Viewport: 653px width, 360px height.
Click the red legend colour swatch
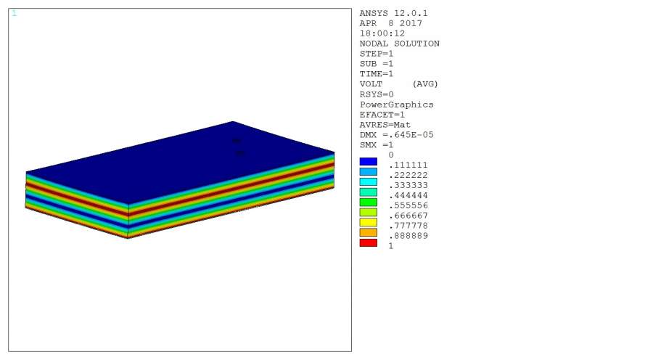click(x=368, y=243)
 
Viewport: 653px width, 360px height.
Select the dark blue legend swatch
click(x=368, y=162)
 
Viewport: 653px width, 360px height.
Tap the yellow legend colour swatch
click(x=368, y=223)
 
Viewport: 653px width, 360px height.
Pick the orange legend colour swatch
click(x=368, y=232)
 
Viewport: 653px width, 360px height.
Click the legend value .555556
click(x=408, y=205)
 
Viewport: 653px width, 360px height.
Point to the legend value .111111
click(x=408, y=165)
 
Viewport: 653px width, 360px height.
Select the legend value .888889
click(x=408, y=236)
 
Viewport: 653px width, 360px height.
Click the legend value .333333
click(x=408, y=185)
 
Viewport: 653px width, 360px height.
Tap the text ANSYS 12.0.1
click(x=393, y=13)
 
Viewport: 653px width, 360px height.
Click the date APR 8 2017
click(x=390, y=23)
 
